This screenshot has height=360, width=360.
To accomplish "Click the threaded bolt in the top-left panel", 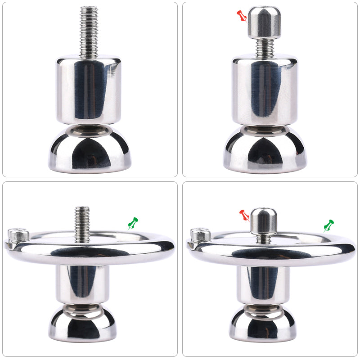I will pos(89,31).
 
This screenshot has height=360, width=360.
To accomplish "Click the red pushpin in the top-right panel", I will pos(242,17).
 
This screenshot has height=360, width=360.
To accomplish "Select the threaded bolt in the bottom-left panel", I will pos(82,223).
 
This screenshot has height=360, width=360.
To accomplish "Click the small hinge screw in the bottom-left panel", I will pos(18,234).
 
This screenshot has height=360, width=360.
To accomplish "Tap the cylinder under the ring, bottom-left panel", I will pos(82,283).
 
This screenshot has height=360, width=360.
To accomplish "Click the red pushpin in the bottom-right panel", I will pos(244,215).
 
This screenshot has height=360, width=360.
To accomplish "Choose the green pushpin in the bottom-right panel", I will pos(329,225).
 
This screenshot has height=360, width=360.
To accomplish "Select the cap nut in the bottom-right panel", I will pos(263,220).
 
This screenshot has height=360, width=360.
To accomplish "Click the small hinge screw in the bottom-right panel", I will pos(200,234).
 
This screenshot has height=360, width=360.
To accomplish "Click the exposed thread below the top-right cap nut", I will pos(264,47).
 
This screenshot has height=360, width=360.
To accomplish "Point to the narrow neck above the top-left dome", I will pos(89,129).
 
